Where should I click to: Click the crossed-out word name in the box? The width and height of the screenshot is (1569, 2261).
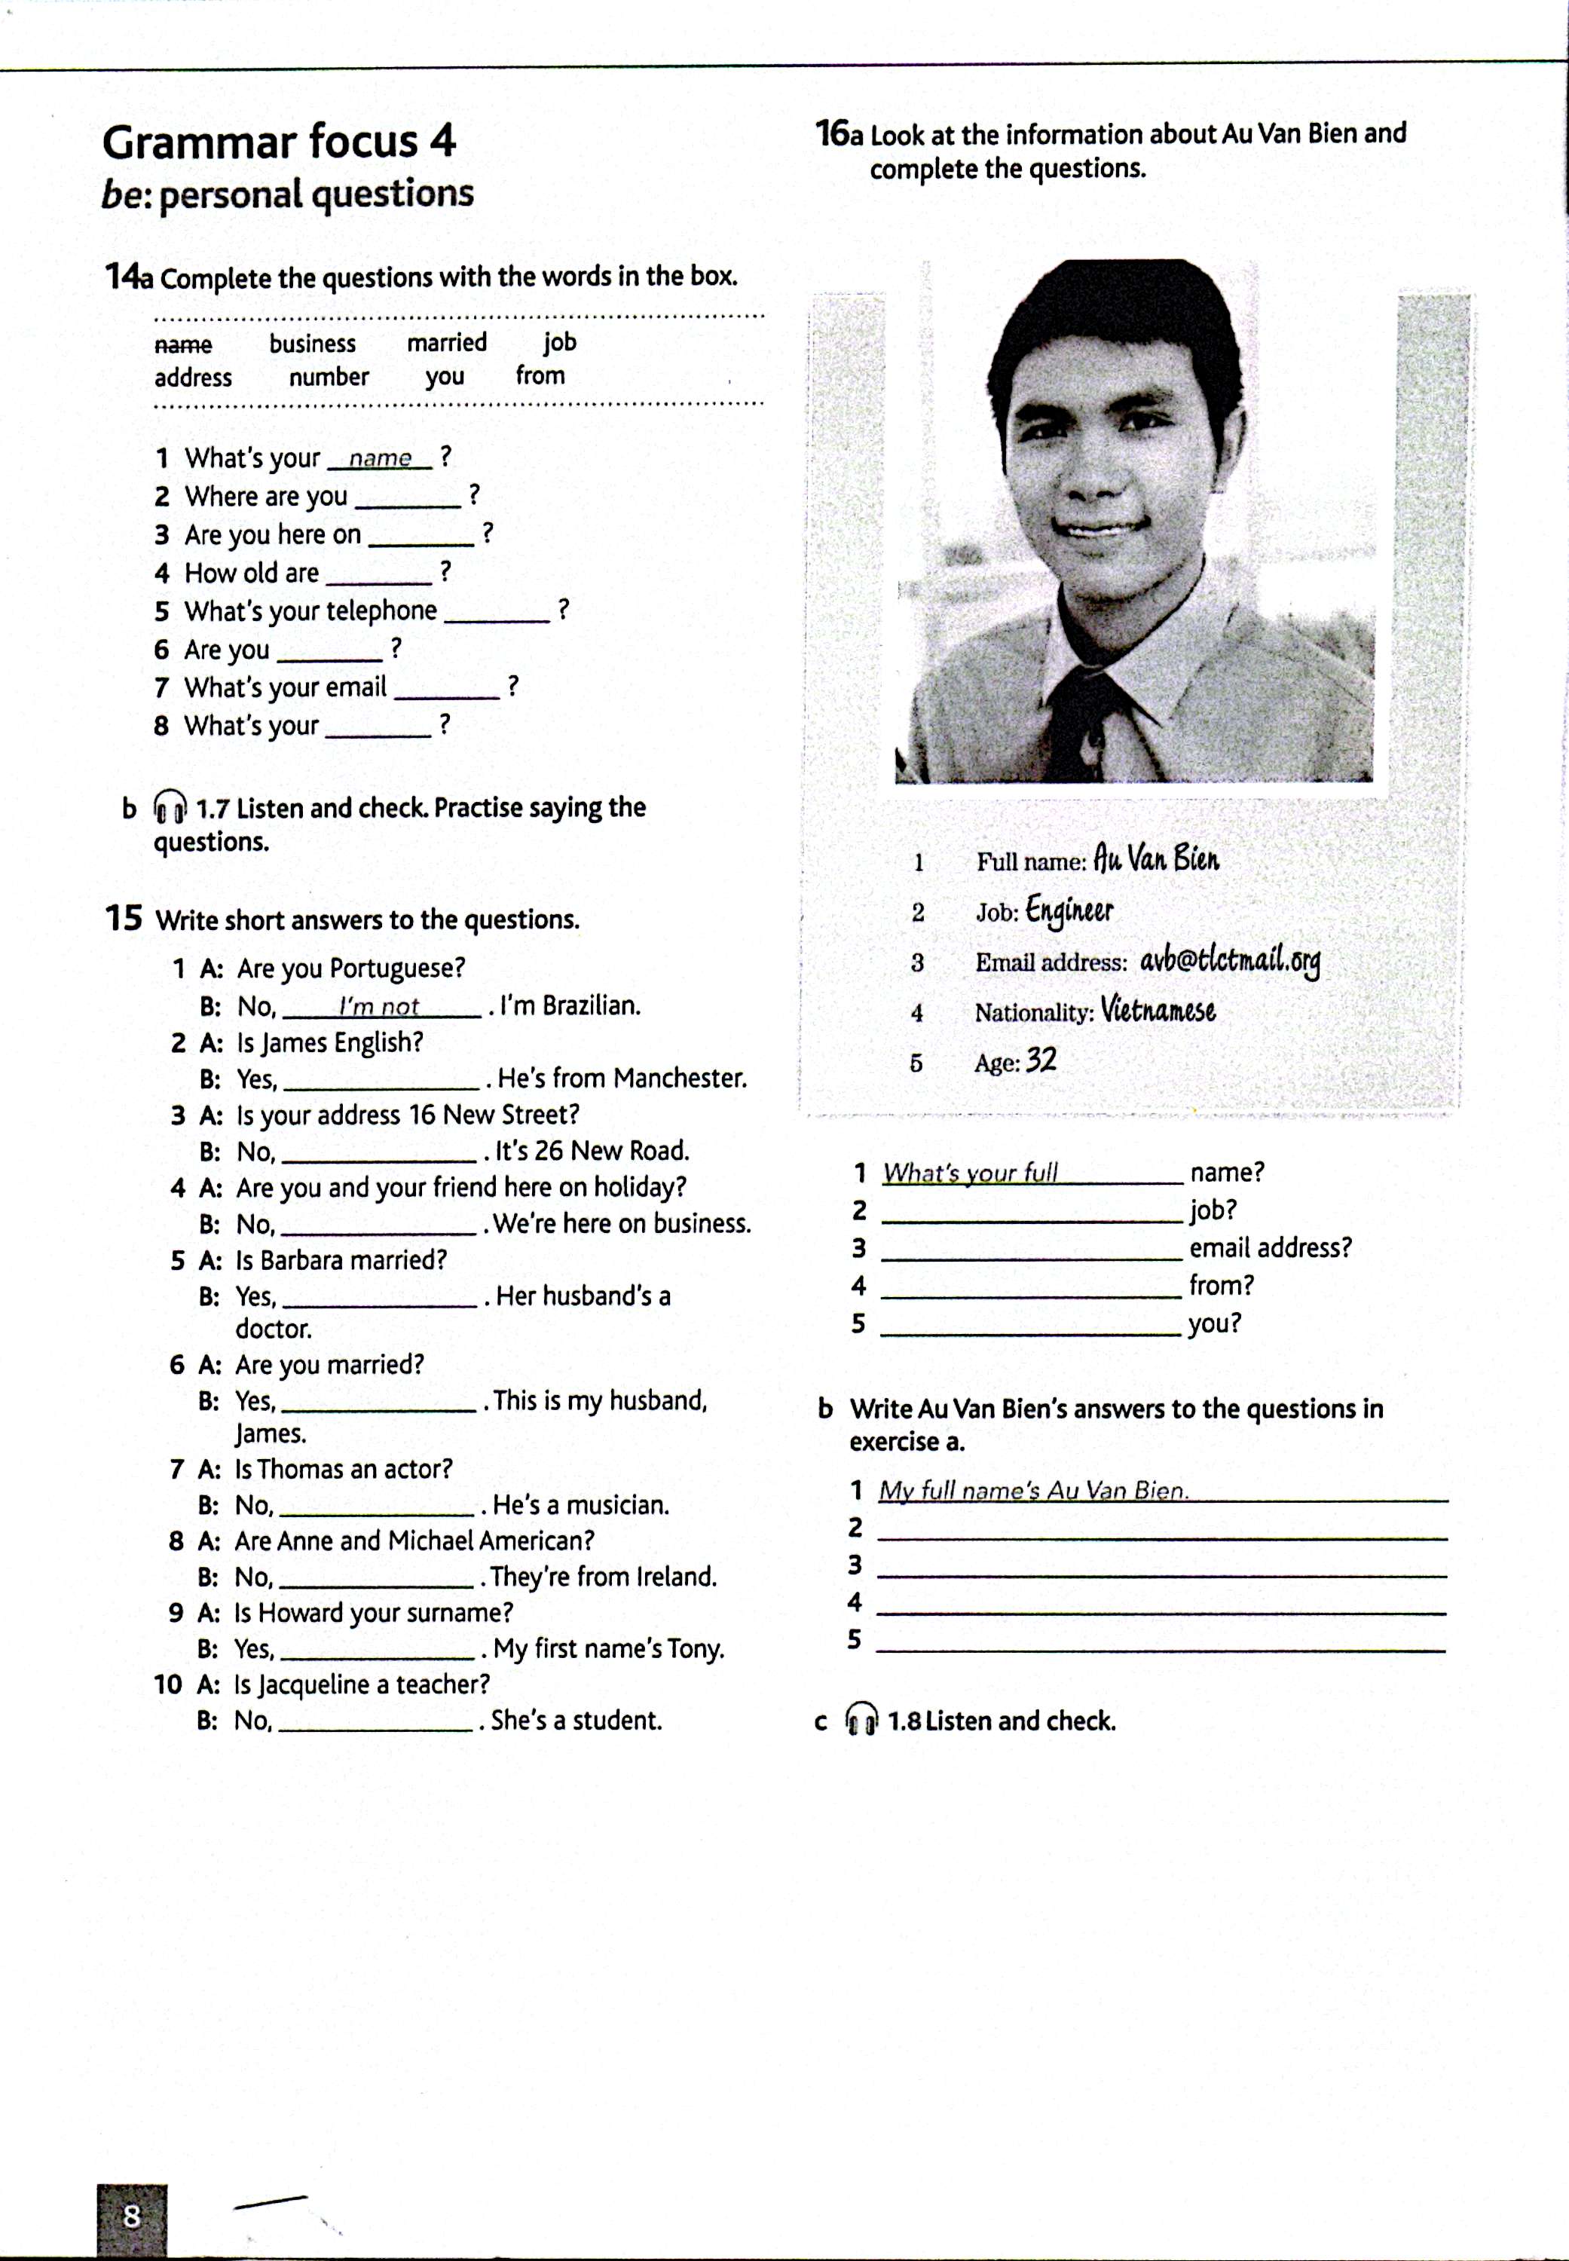tap(183, 345)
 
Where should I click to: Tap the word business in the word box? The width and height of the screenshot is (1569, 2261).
tap(313, 343)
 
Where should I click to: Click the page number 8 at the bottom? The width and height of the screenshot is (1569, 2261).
tap(131, 2216)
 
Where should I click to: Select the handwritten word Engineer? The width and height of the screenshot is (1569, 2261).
tap(1069, 910)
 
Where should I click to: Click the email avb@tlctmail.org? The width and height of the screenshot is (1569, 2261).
tap(1229, 960)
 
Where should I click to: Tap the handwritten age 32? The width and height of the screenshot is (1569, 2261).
tap(1041, 1060)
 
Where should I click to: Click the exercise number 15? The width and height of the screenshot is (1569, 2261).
tap(124, 918)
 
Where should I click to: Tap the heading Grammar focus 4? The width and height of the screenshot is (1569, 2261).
tap(279, 142)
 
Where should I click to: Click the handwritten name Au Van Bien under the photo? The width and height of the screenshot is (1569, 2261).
tap(1156, 859)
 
